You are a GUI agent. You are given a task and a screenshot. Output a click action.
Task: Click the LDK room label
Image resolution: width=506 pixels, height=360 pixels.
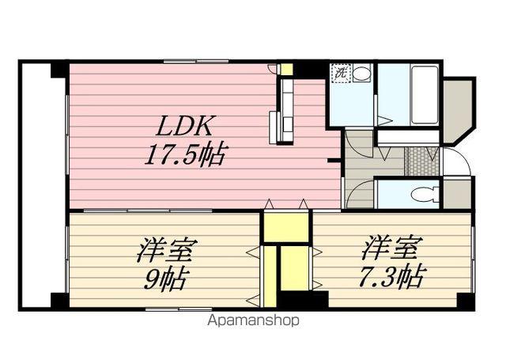coord(187,127)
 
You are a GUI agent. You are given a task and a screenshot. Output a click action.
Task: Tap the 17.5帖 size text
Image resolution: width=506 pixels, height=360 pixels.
coord(183,153)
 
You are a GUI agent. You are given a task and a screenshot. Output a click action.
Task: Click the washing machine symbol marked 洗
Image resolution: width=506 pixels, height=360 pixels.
coord(340,73)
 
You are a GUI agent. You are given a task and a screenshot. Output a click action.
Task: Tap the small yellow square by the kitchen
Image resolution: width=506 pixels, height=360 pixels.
coord(286,70)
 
